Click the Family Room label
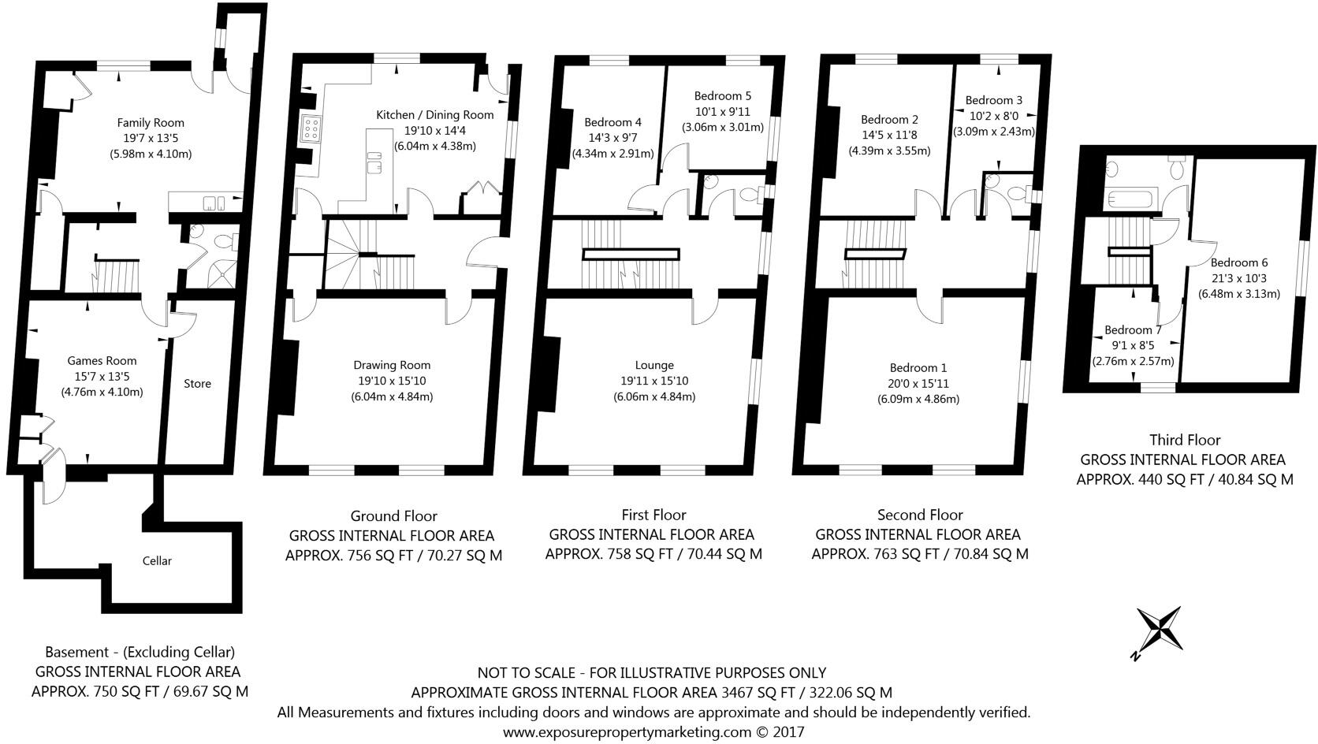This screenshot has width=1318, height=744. [x=151, y=122]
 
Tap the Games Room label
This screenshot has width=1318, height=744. [x=102, y=362]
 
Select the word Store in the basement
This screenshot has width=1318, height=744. [x=197, y=384]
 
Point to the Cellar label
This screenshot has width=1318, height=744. [x=157, y=561]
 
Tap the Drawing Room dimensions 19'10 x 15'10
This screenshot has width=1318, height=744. [x=392, y=381]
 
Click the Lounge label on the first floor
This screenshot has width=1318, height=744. [x=654, y=365]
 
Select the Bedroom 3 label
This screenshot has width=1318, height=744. [x=993, y=100]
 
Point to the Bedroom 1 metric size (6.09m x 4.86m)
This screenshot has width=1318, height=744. [x=918, y=399]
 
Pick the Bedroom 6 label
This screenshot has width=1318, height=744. [x=1239, y=262]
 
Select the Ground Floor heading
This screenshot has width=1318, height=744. [x=393, y=516]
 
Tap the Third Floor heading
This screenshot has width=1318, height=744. [x=1185, y=440]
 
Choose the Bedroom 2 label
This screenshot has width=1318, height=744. [x=889, y=120]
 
